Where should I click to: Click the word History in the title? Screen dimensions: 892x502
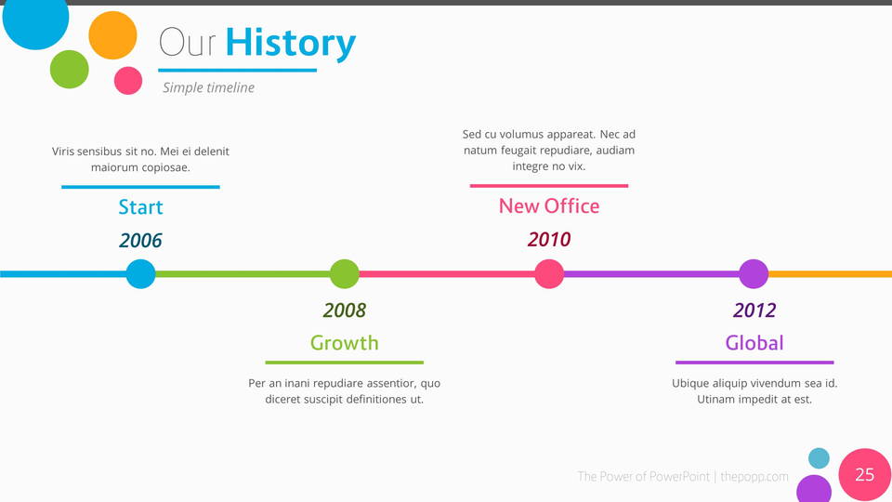click(x=291, y=44)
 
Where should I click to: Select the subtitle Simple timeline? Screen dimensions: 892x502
click(x=208, y=87)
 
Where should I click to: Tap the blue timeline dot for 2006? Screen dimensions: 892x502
click(x=140, y=273)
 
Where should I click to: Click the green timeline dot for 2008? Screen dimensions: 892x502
click(x=344, y=273)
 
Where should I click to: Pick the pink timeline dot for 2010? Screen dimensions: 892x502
click(x=549, y=273)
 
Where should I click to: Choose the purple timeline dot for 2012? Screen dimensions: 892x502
click(x=754, y=273)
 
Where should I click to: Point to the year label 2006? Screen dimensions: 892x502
click(x=140, y=240)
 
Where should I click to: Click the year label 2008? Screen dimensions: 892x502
click(x=345, y=310)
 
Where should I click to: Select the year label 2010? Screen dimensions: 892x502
click(x=549, y=239)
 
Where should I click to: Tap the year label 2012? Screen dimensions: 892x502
click(x=754, y=310)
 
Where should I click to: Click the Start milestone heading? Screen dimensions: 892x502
click(x=140, y=206)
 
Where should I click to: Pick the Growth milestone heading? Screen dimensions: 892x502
click(x=344, y=343)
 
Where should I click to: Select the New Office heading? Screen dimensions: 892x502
click(x=549, y=205)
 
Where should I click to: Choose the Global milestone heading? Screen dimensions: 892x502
click(x=754, y=343)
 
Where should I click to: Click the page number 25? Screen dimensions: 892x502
click(x=865, y=474)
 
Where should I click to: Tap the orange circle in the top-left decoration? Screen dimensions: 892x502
click(x=112, y=35)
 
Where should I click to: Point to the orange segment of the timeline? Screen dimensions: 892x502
click(x=830, y=273)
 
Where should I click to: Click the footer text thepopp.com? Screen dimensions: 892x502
click(x=754, y=476)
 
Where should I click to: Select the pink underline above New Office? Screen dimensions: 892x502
click(x=549, y=186)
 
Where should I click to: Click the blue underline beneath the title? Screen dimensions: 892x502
click(x=237, y=70)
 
